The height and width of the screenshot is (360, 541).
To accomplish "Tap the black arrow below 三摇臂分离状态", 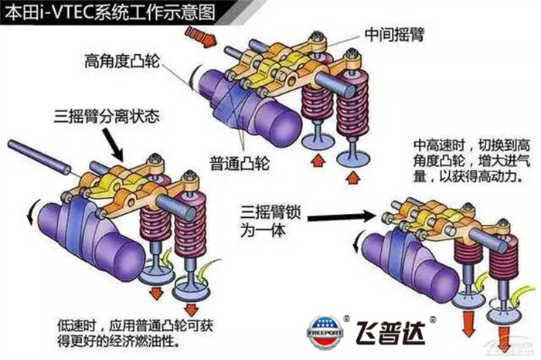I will (x=110, y=144).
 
